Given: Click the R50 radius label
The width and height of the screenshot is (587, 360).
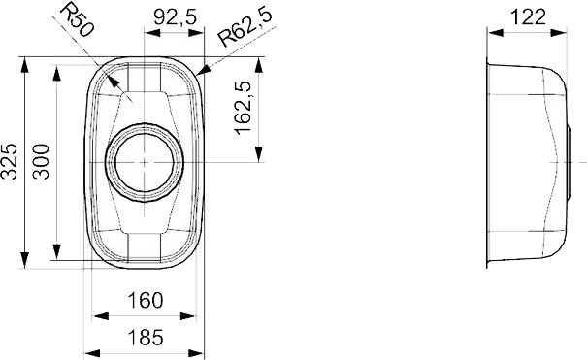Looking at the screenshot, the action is coord(76,19).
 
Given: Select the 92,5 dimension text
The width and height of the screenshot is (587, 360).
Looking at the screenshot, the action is coord(175,16).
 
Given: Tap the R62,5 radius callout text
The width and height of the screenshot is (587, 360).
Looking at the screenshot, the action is coord(245,27).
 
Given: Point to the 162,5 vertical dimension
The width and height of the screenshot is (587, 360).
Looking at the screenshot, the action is coord(243,108).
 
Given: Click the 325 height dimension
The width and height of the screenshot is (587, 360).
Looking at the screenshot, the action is coord(9,161).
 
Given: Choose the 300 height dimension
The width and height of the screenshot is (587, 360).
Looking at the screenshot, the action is coord(41,162).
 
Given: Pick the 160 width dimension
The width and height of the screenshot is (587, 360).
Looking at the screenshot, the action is coord(146,300).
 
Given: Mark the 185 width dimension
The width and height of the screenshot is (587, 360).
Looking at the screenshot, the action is coord(146,337).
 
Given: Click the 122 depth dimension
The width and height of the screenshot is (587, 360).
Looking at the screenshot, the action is coord(528,16).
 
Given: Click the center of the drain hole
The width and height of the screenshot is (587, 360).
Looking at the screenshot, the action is coord(145,162).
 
